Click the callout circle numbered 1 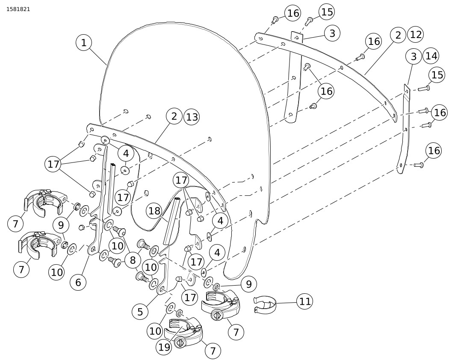tap(84, 43)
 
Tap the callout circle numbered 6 tap(78, 282)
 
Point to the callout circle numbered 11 tap(304, 301)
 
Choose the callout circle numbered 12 tap(416, 35)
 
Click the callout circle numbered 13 tap(192, 117)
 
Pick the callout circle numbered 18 tap(155, 211)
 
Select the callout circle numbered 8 tap(133, 260)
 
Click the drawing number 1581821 tap(18, 9)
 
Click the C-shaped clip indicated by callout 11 tap(265, 304)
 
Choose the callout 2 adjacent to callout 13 tap(174, 117)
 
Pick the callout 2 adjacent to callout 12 tap(398, 35)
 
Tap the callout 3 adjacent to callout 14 tap(413, 56)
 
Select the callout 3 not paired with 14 tap(332, 33)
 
